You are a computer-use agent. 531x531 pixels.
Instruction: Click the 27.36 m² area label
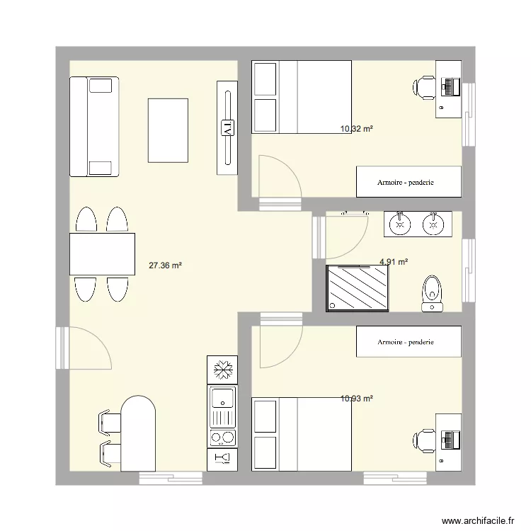(165, 265)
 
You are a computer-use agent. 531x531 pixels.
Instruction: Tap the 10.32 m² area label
(356, 129)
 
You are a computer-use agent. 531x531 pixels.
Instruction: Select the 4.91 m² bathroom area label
(394, 261)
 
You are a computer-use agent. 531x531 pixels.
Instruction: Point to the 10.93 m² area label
(356, 399)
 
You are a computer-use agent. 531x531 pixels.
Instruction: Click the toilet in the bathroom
(431, 292)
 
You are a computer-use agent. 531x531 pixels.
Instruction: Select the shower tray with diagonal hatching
(358, 287)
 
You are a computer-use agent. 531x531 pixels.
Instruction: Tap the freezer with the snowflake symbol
(223, 369)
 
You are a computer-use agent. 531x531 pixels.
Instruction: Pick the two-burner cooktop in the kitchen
(223, 437)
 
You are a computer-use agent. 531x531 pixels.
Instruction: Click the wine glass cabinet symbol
(223, 459)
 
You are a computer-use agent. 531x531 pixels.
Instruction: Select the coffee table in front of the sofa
(168, 130)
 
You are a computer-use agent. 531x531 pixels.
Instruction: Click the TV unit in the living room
(227, 127)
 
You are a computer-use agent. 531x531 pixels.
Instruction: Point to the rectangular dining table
(102, 254)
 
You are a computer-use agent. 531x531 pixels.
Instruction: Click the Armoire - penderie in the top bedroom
(409, 182)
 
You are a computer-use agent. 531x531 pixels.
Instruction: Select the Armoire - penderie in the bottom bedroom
(409, 342)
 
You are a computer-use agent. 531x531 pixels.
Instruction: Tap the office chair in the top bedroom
(425, 86)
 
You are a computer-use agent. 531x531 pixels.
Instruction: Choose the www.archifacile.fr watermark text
(478, 521)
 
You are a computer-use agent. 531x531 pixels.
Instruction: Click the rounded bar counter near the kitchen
(138, 434)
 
